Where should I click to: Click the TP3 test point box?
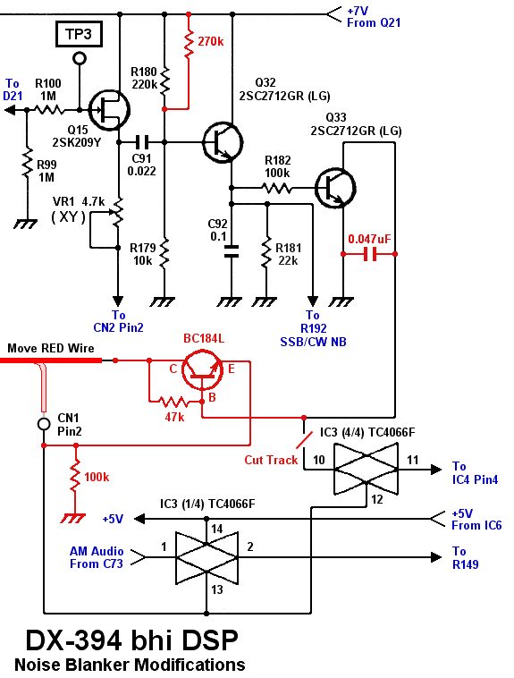[x=80, y=35]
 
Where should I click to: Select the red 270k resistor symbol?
[x=188, y=42]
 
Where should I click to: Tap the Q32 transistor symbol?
[x=221, y=140]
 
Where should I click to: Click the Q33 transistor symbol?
[x=336, y=187]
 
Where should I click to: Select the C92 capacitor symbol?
[x=232, y=250]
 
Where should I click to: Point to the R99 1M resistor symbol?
[x=27, y=166]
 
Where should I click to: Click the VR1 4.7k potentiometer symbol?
[x=117, y=214]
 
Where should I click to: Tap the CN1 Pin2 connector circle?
[x=43, y=423]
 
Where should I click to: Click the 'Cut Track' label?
[x=271, y=460]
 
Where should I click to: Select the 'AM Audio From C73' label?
[x=97, y=557]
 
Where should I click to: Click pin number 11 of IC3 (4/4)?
[x=412, y=460]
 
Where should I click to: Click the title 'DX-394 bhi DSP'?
[x=131, y=640]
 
